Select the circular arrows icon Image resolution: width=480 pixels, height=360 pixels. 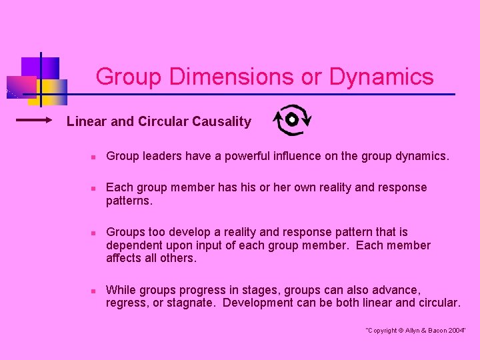coord(292,120)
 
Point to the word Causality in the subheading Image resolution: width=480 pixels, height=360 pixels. coord(221,121)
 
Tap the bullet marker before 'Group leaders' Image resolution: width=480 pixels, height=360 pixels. coord(94,157)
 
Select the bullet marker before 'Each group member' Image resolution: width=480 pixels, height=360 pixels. coord(94,189)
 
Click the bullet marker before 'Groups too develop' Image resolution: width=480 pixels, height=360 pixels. coord(94,233)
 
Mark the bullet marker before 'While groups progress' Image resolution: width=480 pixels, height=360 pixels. coord(94,291)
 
